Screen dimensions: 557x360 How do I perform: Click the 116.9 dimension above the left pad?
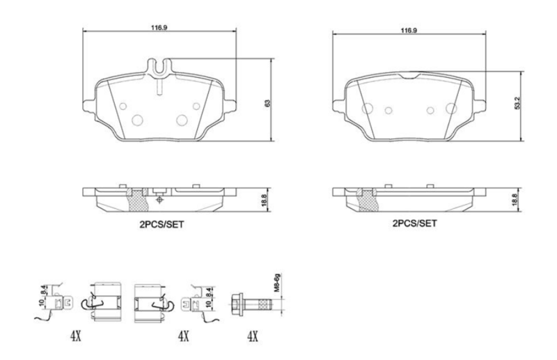159,28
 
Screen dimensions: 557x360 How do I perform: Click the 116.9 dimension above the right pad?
409,31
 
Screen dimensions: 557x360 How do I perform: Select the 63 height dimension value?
267,103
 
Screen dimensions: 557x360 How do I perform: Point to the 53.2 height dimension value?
517,103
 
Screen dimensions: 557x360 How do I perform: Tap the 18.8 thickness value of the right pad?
517,200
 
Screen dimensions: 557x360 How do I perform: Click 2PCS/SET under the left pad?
162,225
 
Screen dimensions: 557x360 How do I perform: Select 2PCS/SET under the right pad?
414,224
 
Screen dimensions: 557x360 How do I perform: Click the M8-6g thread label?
278,283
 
